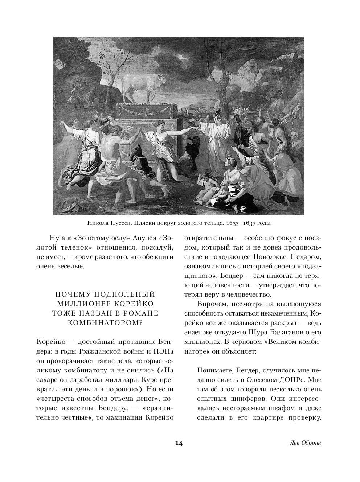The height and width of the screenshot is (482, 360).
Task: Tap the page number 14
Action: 179,443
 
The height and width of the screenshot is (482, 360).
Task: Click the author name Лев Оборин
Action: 306,443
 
